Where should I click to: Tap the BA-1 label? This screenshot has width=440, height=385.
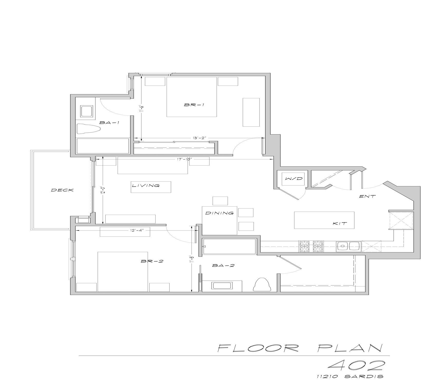(109, 123)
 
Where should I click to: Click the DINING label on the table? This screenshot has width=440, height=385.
(219, 213)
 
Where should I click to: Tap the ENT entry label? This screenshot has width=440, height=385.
(367, 196)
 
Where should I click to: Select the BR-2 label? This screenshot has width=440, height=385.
(152, 261)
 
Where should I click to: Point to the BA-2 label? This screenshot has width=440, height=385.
(223, 266)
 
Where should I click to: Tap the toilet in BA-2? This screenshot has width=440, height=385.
(261, 284)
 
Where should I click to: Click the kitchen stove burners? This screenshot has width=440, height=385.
(311, 246)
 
